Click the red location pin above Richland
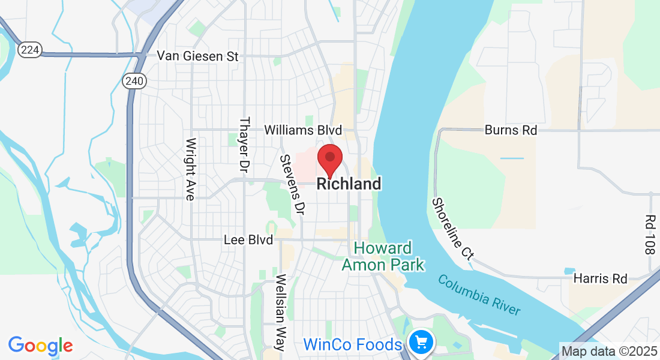(x=329, y=158)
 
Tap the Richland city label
(x=349, y=184)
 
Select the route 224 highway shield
(x=29, y=50)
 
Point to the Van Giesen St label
(x=198, y=56)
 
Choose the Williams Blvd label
(x=303, y=130)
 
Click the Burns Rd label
(x=511, y=130)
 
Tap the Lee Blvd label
(x=248, y=240)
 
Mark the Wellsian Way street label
(x=280, y=313)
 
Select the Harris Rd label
(x=600, y=279)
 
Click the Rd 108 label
(x=650, y=235)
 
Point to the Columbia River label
(x=478, y=295)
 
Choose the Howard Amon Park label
(x=383, y=256)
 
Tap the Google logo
(x=40, y=346)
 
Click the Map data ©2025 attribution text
(x=608, y=351)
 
